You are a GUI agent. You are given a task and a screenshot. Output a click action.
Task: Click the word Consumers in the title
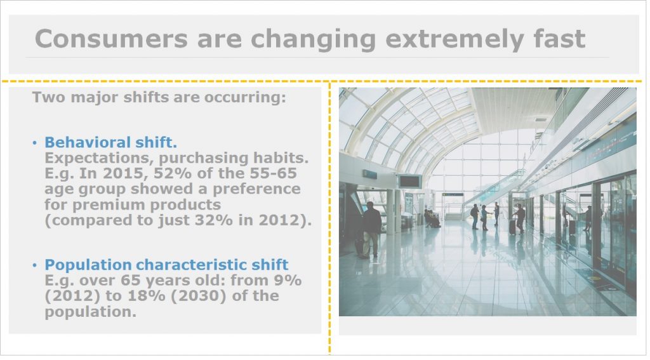[x=112, y=39]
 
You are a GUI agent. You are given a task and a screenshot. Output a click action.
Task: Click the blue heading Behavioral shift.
[x=110, y=142]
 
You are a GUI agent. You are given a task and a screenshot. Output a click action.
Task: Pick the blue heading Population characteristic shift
[x=166, y=265]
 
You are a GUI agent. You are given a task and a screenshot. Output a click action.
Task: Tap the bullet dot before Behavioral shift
[x=34, y=143]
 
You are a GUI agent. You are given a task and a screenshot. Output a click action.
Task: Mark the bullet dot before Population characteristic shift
[x=34, y=265]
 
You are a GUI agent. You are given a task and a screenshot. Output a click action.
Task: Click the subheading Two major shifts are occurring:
[x=159, y=98]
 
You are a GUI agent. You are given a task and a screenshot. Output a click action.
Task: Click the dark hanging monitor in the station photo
[x=411, y=182]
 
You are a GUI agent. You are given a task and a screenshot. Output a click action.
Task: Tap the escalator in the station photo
[x=493, y=190]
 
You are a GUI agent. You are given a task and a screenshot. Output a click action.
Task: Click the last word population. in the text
[x=90, y=312]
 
